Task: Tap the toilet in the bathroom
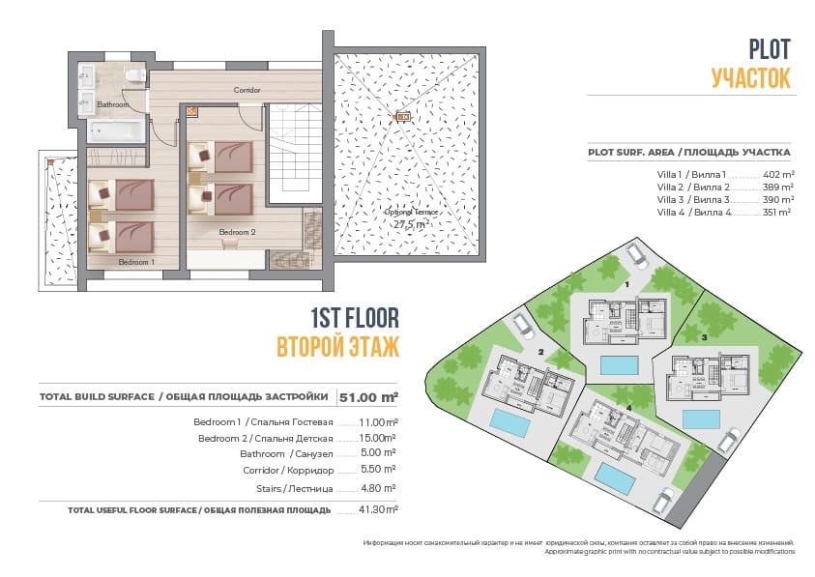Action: point(139,75)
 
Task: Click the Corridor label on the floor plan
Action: point(247,90)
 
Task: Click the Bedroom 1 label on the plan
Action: point(135,262)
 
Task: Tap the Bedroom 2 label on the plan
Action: point(236,232)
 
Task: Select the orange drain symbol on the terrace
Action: point(403,117)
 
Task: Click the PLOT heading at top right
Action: point(770,49)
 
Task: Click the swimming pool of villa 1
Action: point(619,364)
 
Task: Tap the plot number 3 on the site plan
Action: point(705,337)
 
